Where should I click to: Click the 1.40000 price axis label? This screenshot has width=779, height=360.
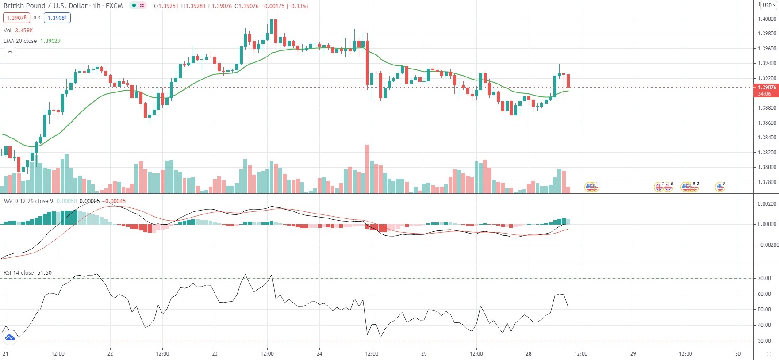tap(767, 19)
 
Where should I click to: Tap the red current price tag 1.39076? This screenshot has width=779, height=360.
tap(766, 88)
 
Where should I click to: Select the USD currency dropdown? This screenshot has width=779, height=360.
tap(769, 5)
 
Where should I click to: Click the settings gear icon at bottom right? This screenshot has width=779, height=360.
tap(769, 354)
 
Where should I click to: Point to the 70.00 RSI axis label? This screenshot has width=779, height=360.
tap(764, 278)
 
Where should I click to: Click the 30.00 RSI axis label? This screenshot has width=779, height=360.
tap(764, 341)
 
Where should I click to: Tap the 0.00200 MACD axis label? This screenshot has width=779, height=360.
tap(767, 204)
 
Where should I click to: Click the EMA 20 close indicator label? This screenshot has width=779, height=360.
tap(20, 41)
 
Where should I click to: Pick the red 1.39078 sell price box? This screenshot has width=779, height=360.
tap(17, 18)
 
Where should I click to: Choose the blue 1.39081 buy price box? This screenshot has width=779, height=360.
tap(58, 18)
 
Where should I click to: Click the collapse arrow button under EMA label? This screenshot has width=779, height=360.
tap(10, 52)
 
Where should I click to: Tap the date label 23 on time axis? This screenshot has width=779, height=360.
tap(215, 354)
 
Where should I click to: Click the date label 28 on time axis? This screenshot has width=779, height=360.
tap(529, 354)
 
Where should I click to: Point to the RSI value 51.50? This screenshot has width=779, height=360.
tap(44, 273)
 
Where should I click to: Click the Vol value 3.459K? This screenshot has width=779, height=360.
tap(24, 31)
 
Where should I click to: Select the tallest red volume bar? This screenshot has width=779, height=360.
tap(367, 168)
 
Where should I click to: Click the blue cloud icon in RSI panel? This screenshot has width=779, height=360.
tap(10, 338)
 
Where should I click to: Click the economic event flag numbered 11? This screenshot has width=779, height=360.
tap(592, 187)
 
